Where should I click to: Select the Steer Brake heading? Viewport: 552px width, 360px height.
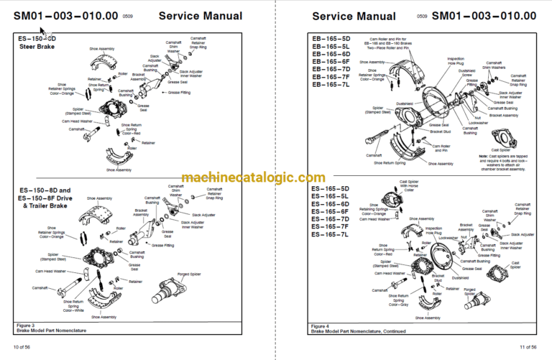[x=36, y=47]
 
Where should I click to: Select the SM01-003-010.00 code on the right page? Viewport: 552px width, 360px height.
[x=484, y=16]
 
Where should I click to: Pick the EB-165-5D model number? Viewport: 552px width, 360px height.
[x=331, y=39]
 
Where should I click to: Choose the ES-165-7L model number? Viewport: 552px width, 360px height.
[x=331, y=234]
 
